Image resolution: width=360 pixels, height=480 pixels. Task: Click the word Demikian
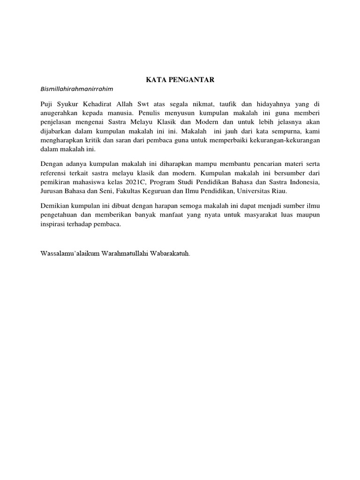(56, 206)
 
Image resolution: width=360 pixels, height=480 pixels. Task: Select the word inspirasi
(56, 224)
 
